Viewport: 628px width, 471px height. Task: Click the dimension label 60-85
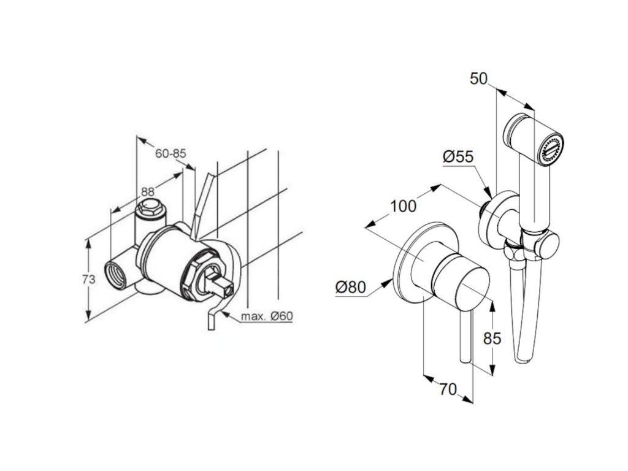170,154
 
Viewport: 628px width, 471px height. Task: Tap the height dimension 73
89,280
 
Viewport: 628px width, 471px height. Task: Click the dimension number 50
478,79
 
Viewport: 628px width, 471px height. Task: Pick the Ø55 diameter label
458,157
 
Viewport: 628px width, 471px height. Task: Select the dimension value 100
403,206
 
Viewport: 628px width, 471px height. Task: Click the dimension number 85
492,338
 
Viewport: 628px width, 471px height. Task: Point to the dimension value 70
449,388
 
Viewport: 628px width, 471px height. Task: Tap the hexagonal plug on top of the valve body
148,209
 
